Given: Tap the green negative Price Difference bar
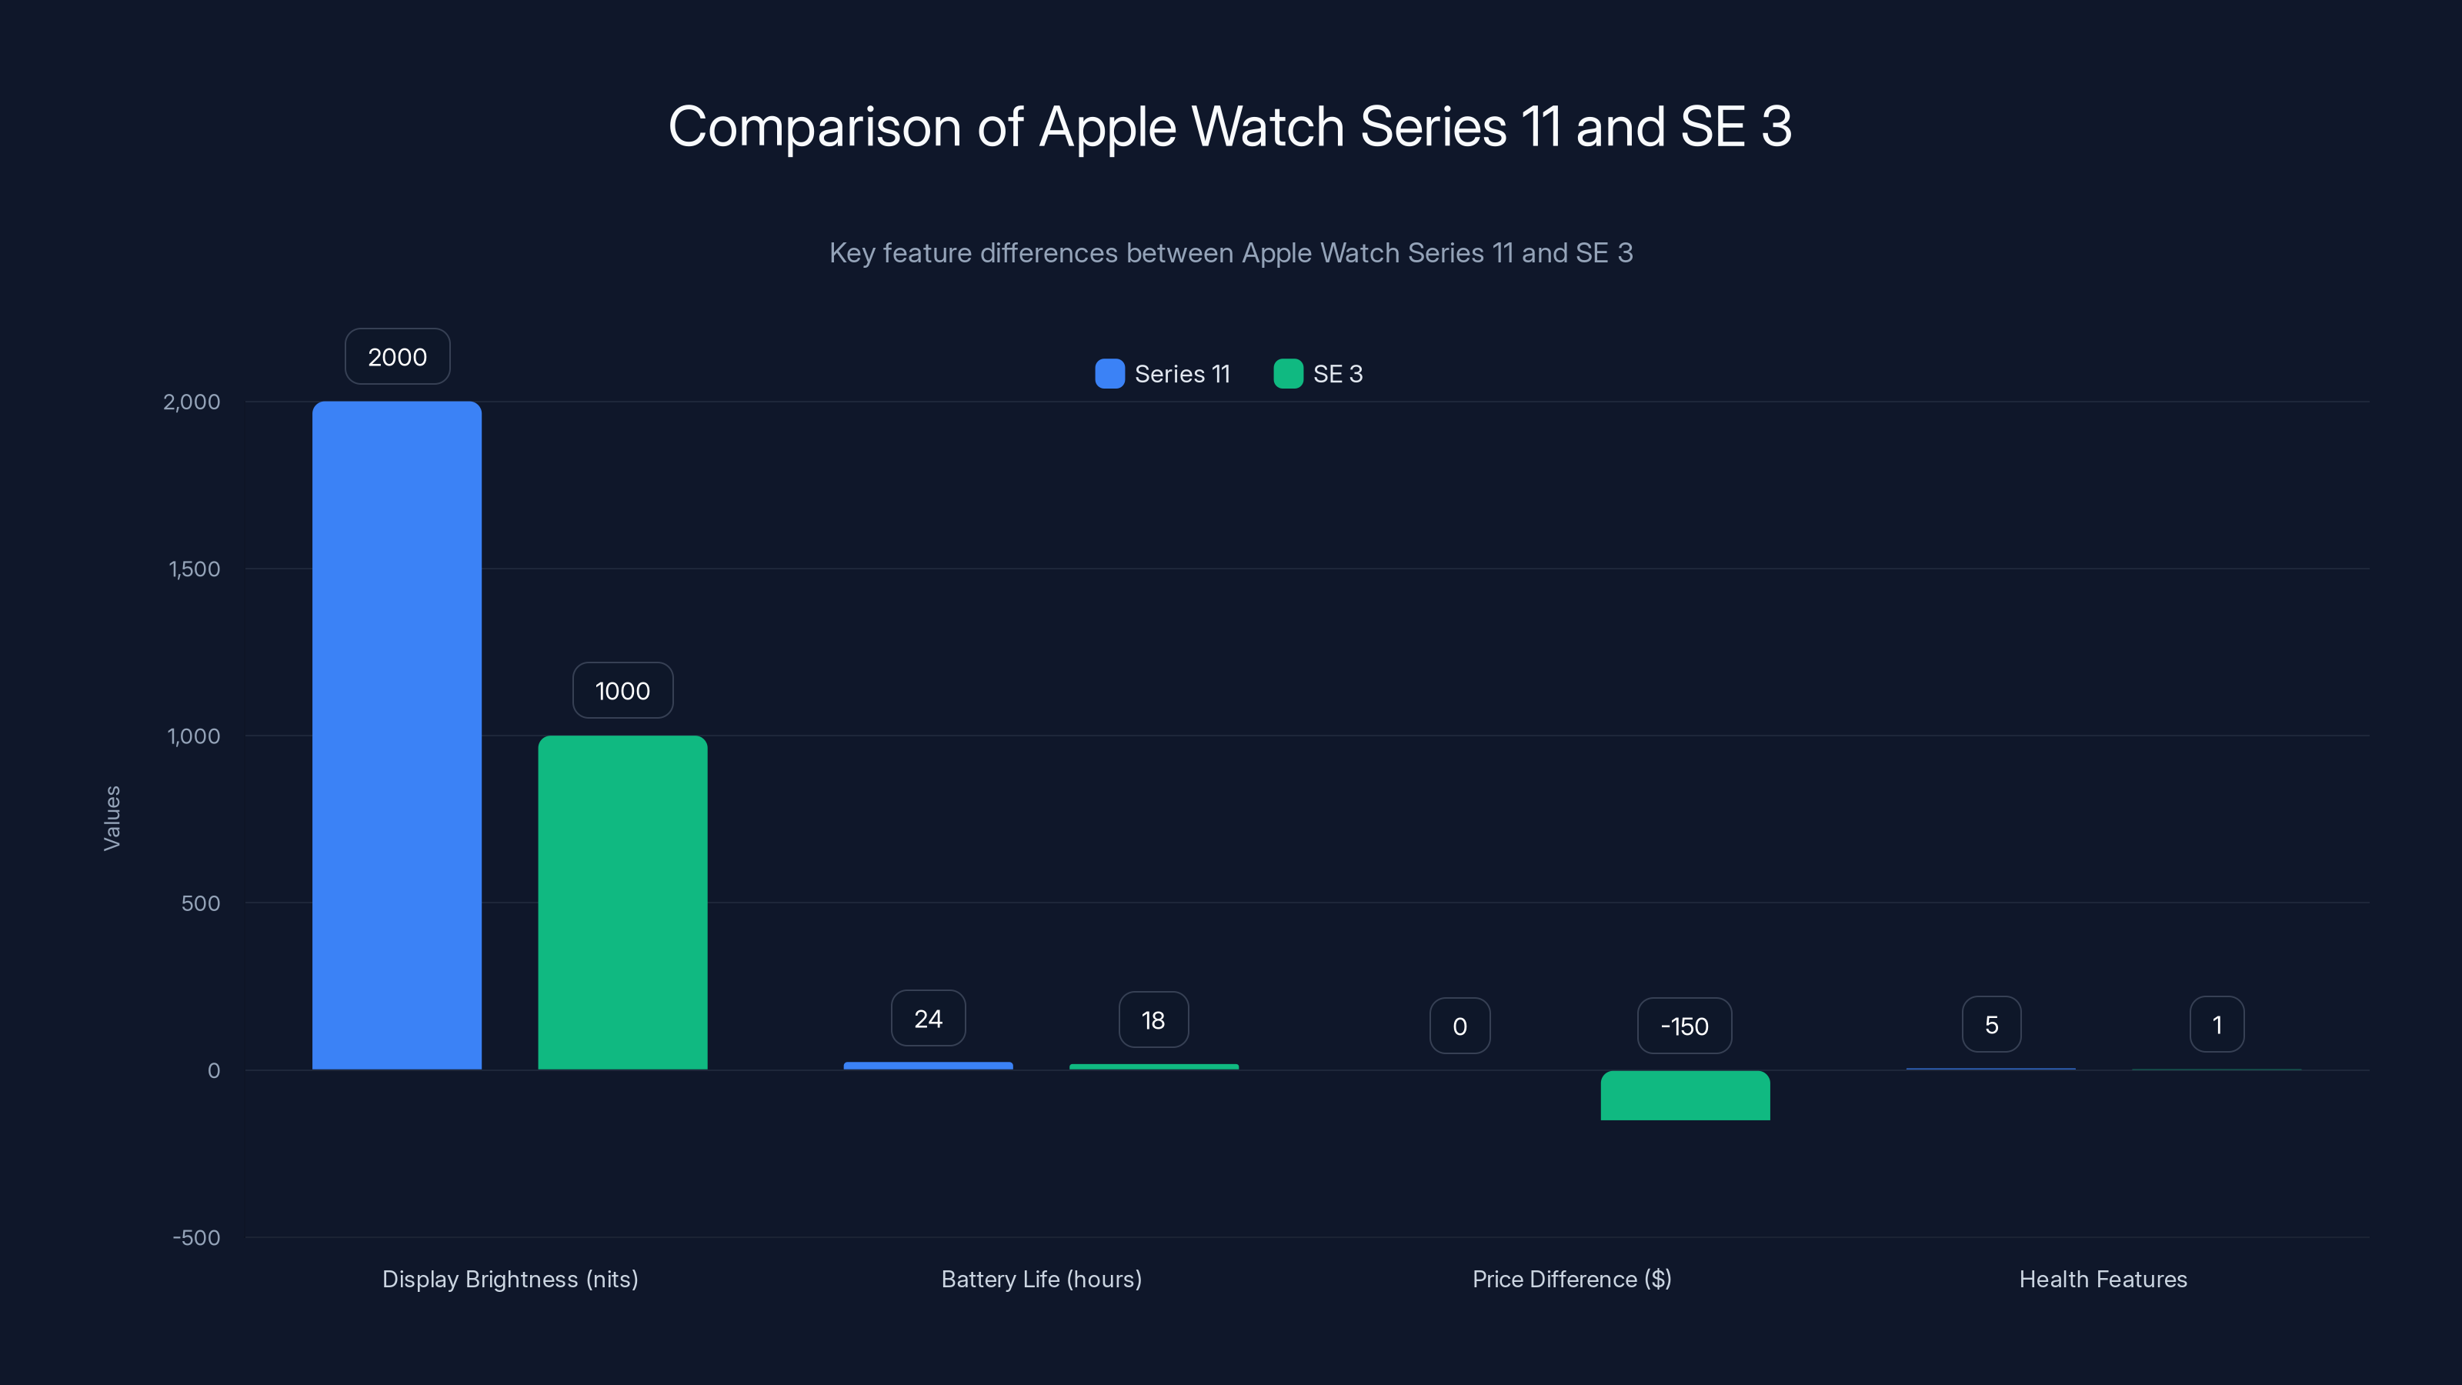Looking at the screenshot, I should (x=1685, y=1096).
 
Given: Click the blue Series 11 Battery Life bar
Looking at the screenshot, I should (x=928, y=1066).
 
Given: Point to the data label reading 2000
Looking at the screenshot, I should (x=398, y=356).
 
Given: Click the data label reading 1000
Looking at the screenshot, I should (x=622, y=690).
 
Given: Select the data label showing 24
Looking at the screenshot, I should (x=928, y=1019).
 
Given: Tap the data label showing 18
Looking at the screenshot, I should (x=1153, y=1020).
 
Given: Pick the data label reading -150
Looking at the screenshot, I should (x=1684, y=1026).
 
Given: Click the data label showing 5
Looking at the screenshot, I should (x=1992, y=1025).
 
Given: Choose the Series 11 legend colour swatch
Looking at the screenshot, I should (x=1109, y=374).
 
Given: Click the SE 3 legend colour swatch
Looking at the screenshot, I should (x=1289, y=374).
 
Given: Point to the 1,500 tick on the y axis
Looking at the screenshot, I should (x=194, y=569).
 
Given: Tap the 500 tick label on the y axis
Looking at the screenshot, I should (x=201, y=903).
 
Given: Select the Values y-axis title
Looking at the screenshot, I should (x=112, y=817).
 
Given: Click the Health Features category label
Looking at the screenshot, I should (x=2103, y=1279).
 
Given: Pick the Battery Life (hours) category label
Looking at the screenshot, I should (x=1041, y=1279).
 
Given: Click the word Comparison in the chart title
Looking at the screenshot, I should (x=814, y=127).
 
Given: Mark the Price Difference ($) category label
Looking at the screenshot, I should (x=1571, y=1279).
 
